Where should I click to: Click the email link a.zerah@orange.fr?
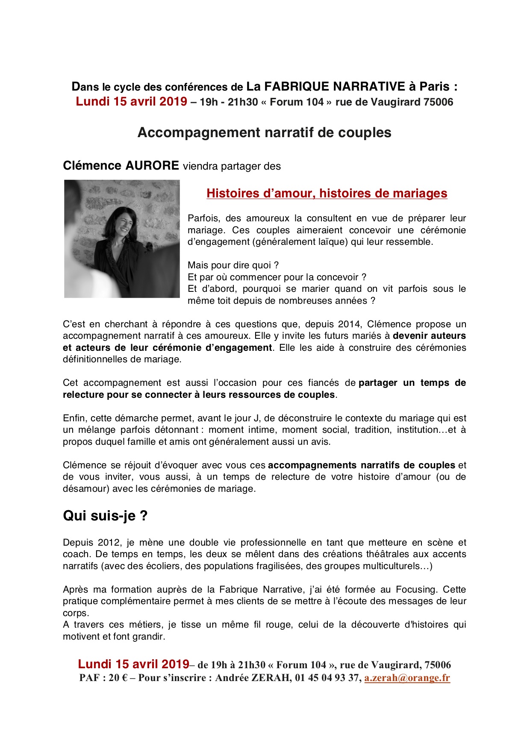(x=407, y=678)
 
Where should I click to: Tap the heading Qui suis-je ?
(x=105, y=516)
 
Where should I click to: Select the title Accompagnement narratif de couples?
(x=264, y=132)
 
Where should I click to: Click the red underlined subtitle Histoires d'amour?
(x=327, y=193)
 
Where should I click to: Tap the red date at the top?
(x=131, y=102)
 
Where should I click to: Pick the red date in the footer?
(x=133, y=664)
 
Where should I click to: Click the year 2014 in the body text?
(x=349, y=324)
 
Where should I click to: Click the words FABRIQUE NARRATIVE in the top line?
(x=334, y=87)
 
